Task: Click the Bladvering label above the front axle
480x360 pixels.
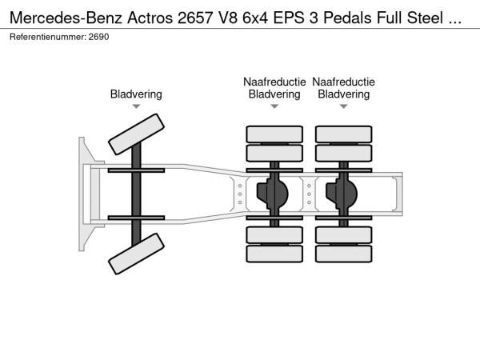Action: point(136,94)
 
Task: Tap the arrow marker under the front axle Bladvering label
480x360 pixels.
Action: point(136,106)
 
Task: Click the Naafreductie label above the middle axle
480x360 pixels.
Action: point(274,82)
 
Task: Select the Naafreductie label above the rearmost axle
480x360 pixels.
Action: point(343,82)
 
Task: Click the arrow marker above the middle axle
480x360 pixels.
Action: point(274,106)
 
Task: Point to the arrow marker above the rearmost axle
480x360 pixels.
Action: point(343,106)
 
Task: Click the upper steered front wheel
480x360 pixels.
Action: point(136,134)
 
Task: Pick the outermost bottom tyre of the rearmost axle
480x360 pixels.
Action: point(343,254)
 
